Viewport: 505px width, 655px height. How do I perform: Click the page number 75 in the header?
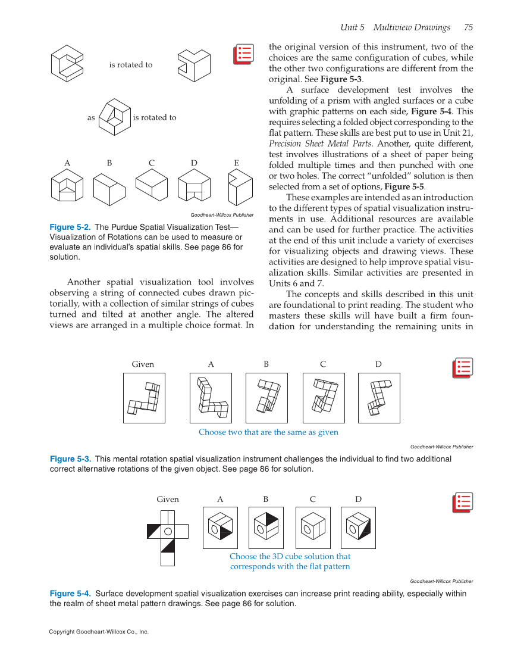coord(468,27)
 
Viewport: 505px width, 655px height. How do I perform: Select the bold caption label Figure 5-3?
coord(70,459)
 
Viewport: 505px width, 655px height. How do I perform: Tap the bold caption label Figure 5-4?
coord(70,594)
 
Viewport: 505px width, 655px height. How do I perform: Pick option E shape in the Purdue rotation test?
coord(239,188)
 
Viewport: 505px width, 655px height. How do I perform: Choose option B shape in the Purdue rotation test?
coord(109,189)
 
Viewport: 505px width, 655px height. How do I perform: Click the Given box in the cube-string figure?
coord(144,398)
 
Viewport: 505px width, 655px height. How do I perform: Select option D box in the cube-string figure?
coord(379,398)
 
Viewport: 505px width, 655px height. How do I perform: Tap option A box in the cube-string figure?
coord(211,398)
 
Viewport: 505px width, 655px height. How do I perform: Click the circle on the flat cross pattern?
coord(168,531)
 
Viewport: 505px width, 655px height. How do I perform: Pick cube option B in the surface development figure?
coord(266,527)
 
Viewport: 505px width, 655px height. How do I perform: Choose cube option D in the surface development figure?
coord(358,527)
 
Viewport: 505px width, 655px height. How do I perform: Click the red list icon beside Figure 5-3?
coord(462,367)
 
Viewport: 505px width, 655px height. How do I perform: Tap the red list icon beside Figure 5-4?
coord(462,503)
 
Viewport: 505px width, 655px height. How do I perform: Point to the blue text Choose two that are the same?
coord(268,432)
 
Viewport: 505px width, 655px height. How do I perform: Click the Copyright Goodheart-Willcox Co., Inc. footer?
coord(99,632)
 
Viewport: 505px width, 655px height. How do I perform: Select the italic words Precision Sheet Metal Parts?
coord(321,143)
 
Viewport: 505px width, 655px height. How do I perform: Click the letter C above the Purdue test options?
coord(152,163)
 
